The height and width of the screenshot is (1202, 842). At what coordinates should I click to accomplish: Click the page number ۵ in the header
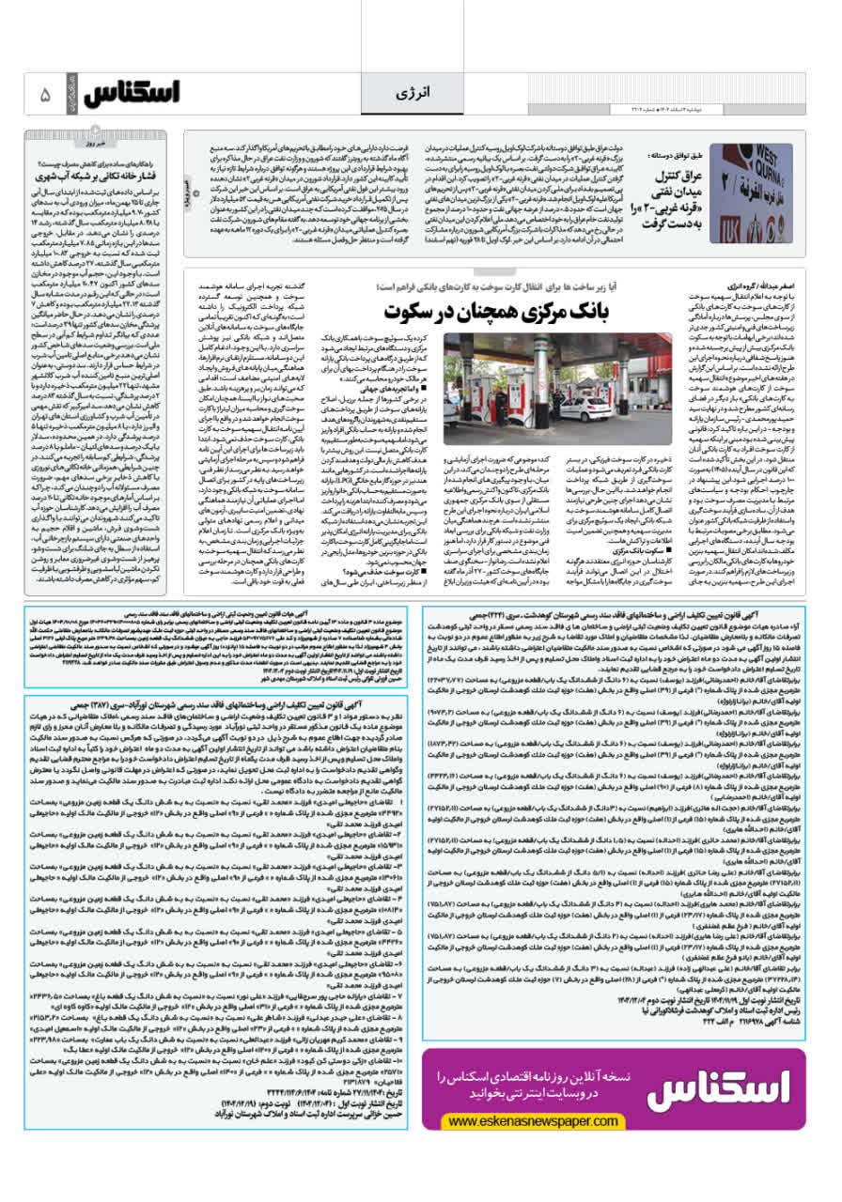pos(45,95)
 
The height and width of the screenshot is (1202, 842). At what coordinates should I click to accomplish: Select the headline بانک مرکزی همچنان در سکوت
pos(496,310)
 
